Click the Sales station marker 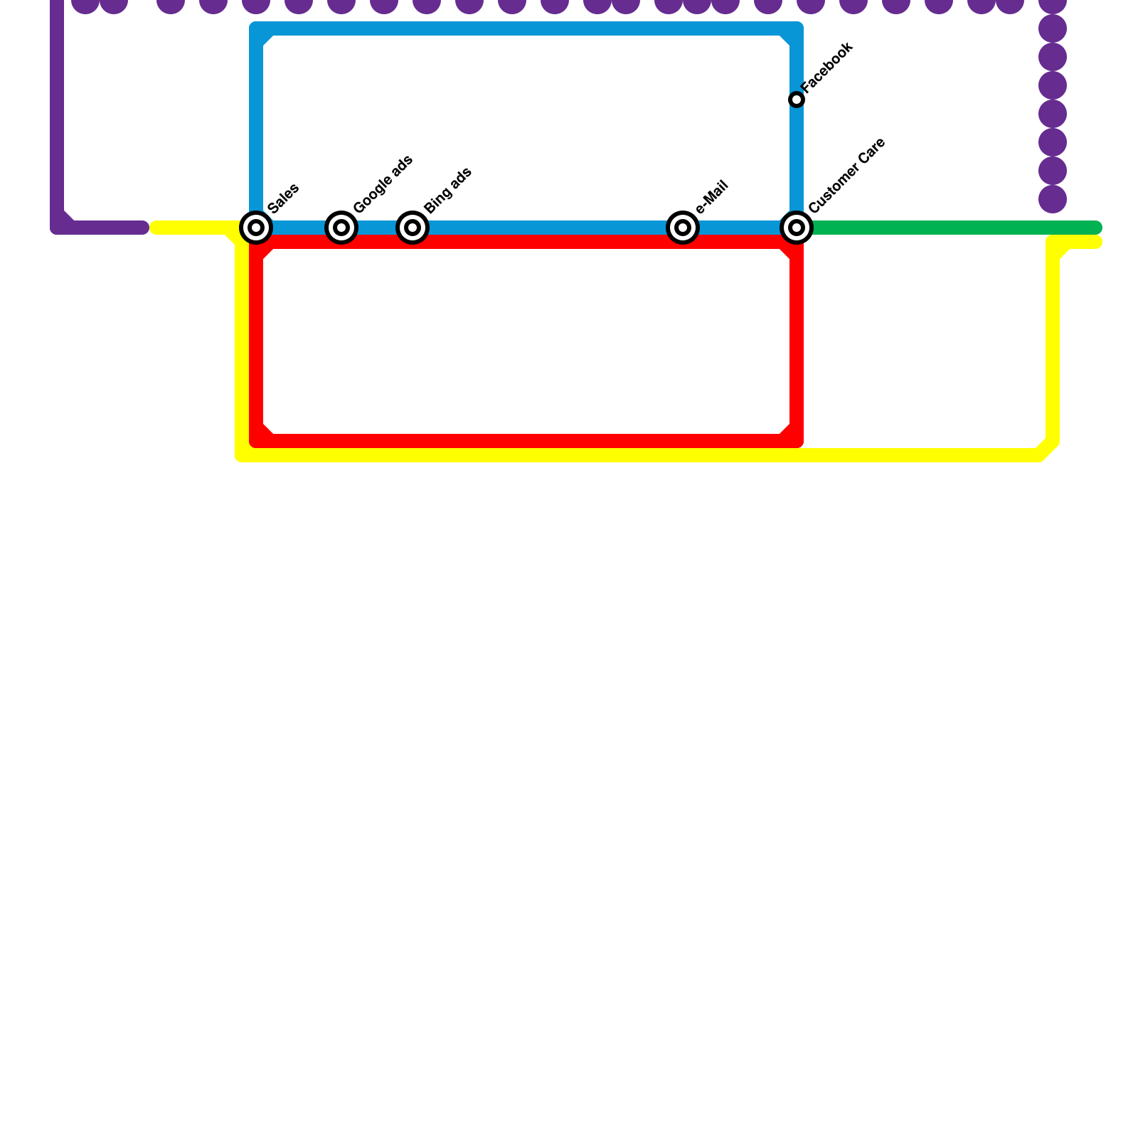tap(256, 228)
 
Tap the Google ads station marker tap(341, 228)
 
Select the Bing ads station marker tap(413, 228)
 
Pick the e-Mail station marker tap(683, 228)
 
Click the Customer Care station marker tap(797, 228)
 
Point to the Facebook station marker tap(797, 100)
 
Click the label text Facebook tap(827, 67)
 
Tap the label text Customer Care tap(847, 175)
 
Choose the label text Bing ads tap(448, 191)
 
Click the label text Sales tap(284, 198)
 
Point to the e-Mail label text tap(712, 197)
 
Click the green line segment tap(953, 228)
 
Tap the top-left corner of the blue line tap(257, 29)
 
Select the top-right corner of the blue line tap(796, 29)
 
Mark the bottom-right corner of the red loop tap(796, 441)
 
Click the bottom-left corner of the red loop tap(257, 441)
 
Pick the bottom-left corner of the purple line tap(58, 227)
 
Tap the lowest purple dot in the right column tap(1053, 199)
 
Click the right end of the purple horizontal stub tap(144, 228)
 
